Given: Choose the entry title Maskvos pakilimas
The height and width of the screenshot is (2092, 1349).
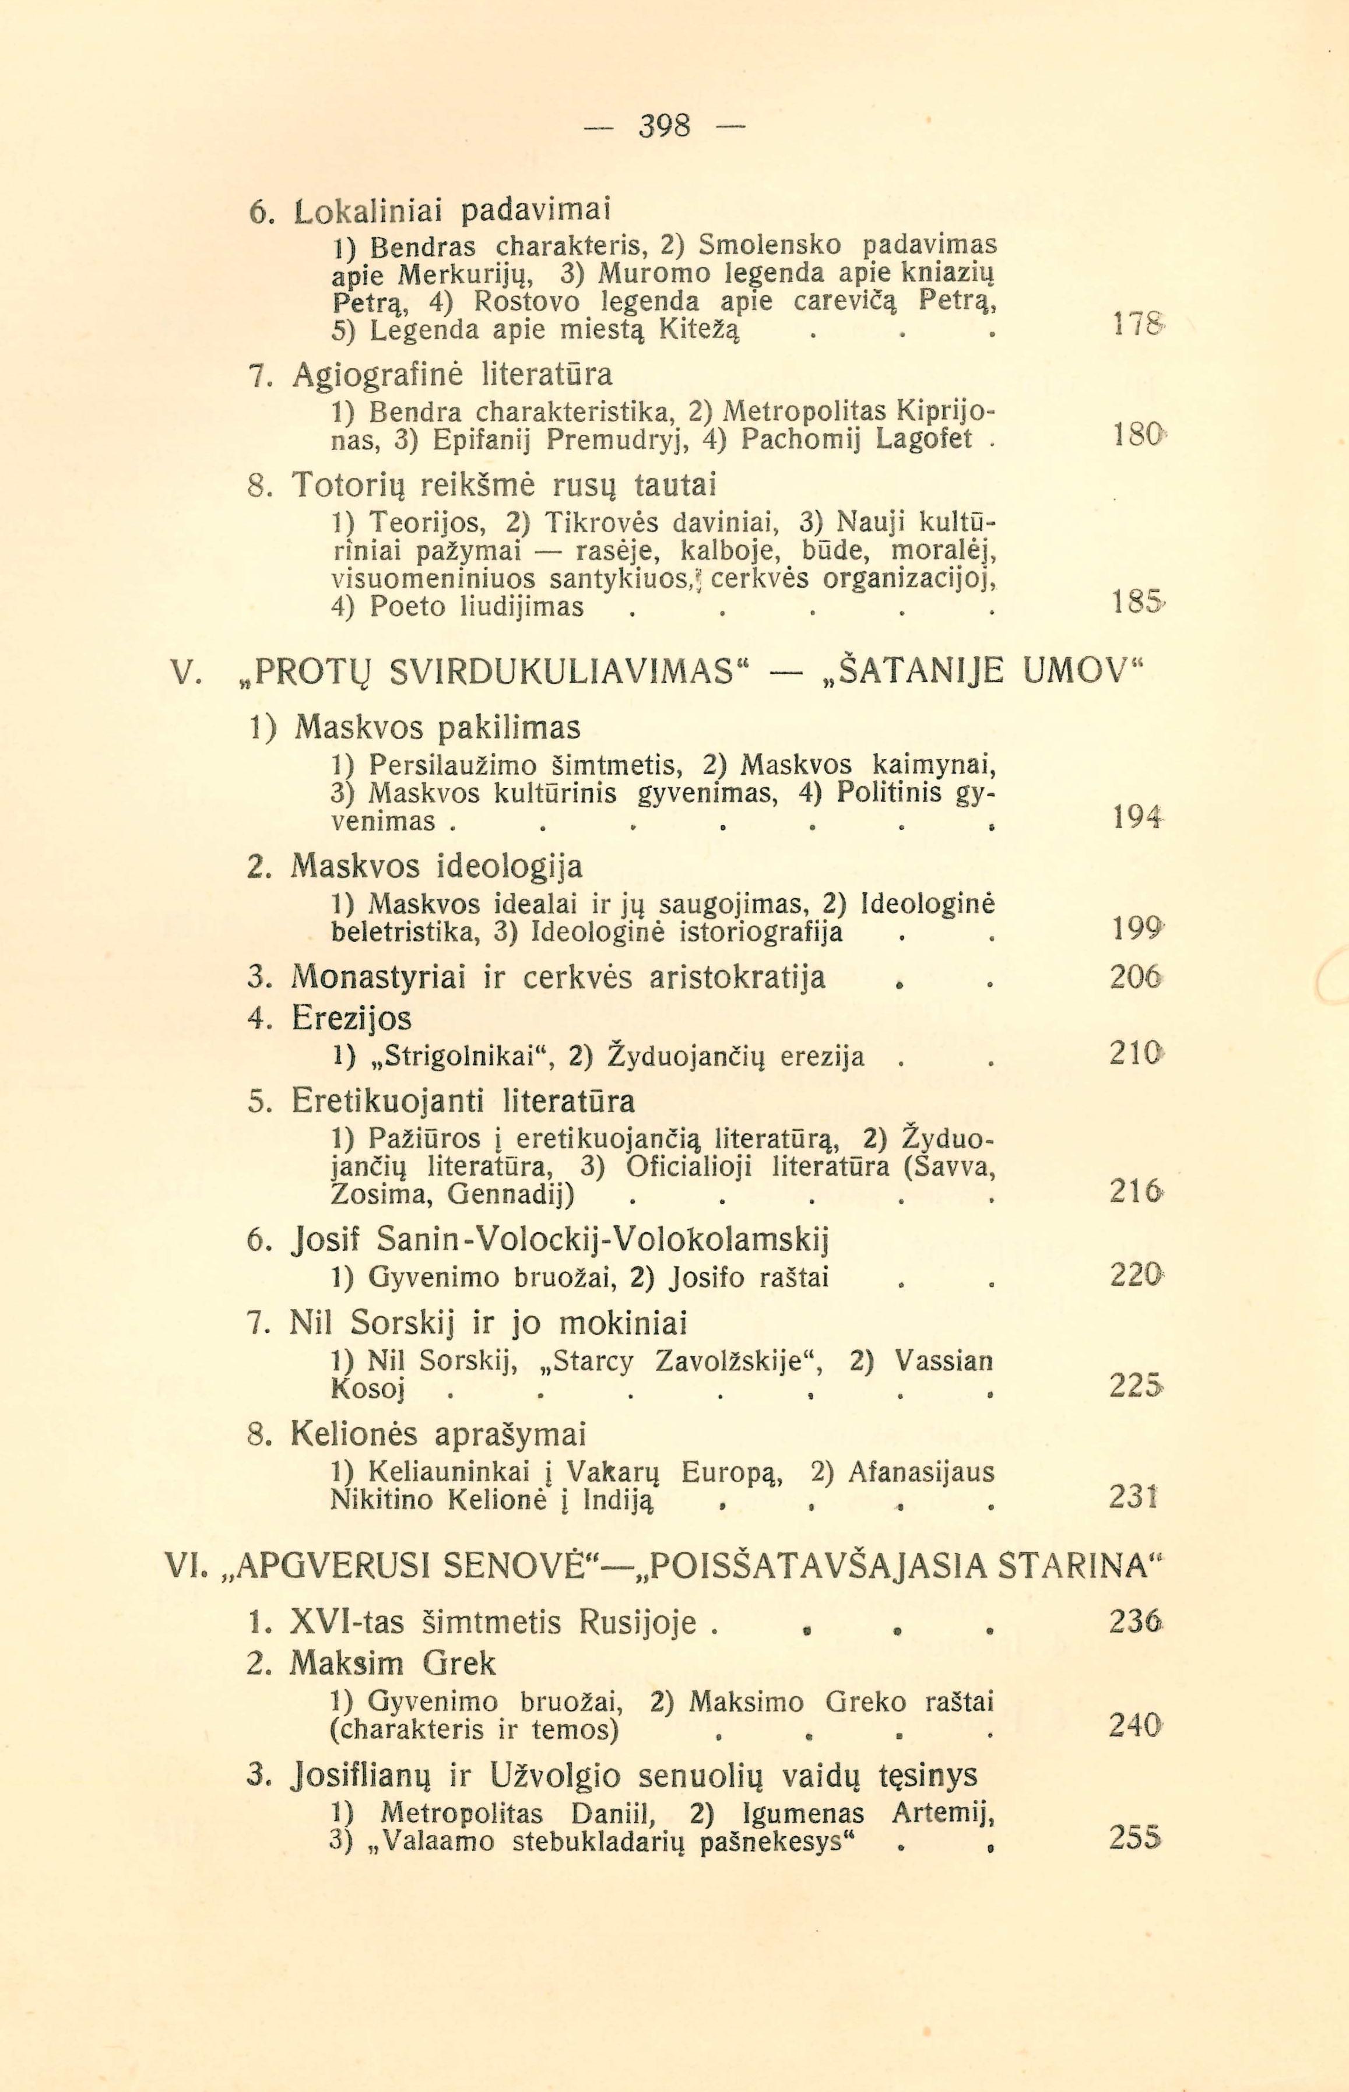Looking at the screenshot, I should click(x=437, y=727).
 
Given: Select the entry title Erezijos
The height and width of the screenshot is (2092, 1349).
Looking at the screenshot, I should click(x=352, y=1018).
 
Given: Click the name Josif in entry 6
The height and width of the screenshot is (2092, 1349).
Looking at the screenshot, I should click(x=328, y=1240).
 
